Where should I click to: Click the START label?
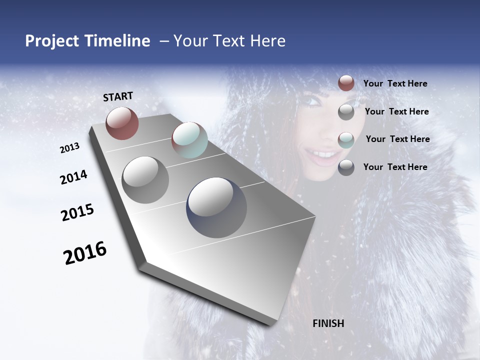click(x=118, y=96)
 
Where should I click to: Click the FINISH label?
click(x=328, y=323)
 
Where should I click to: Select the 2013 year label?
click(x=70, y=148)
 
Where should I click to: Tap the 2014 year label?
click(x=74, y=177)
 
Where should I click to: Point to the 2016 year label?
click(x=85, y=253)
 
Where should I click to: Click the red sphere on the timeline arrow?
click(x=122, y=123)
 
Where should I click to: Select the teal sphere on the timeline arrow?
click(x=189, y=140)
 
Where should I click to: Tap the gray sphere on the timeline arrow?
click(x=145, y=180)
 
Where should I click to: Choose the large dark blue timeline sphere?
click(x=216, y=207)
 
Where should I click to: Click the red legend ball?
click(x=346, y=83)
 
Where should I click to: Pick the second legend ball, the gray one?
click(x=346, y=112)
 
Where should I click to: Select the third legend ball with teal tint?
click(x=346, y=139)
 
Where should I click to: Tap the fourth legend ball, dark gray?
click(x=346, y=167)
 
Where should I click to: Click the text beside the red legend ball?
click(x=395, y=84)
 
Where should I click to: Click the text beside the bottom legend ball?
click(x=395, y=167)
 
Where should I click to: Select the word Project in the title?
click(x=51, y=41)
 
